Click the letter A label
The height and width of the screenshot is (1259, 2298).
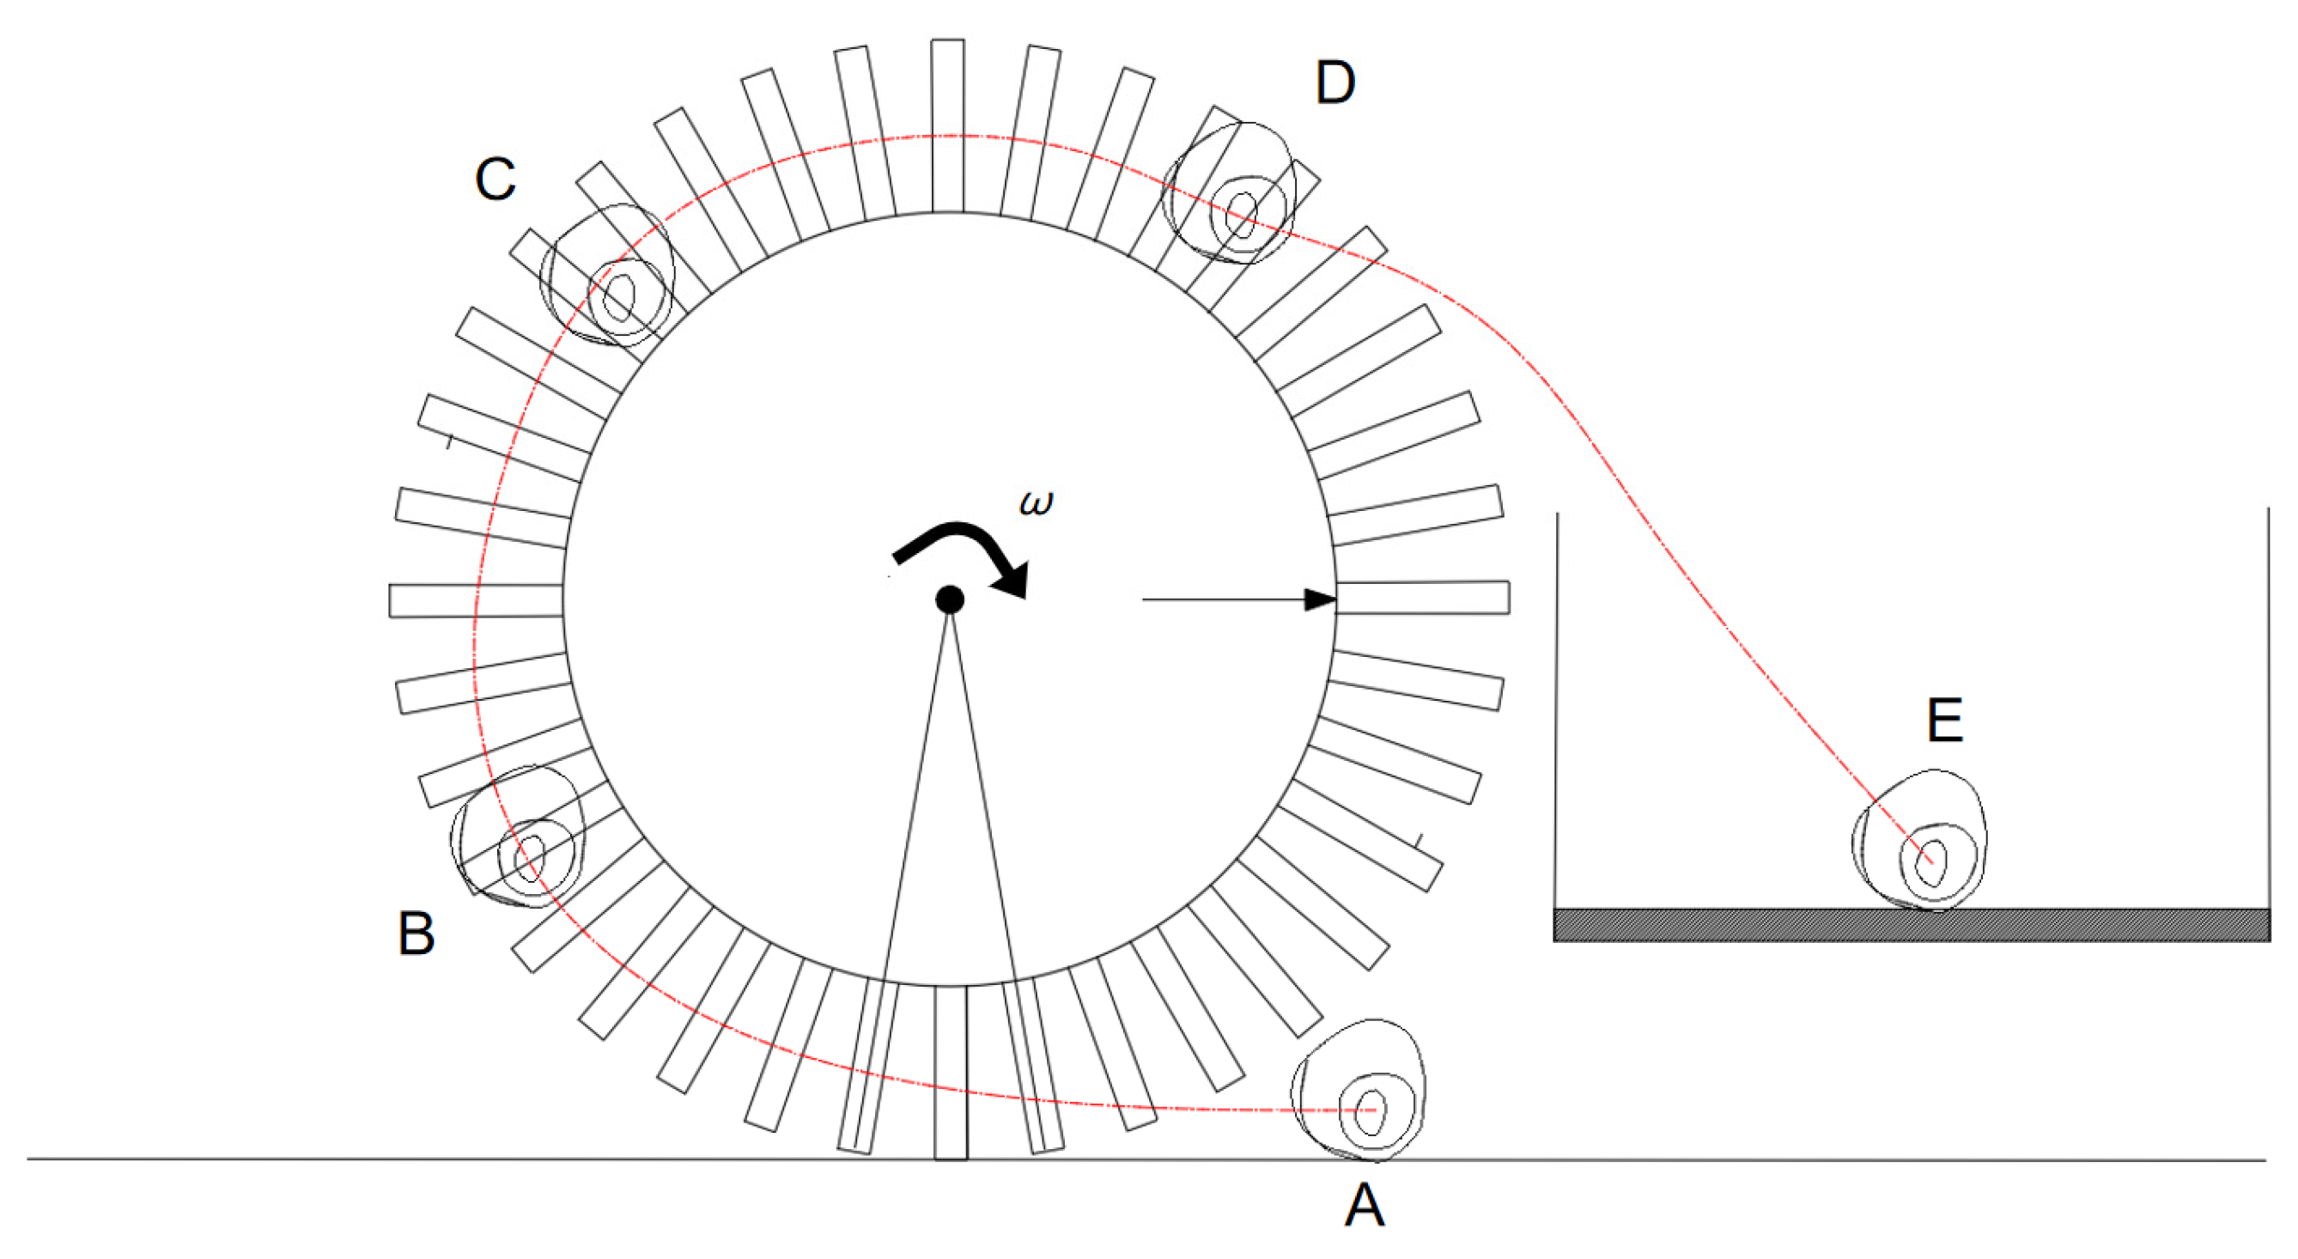1364,1206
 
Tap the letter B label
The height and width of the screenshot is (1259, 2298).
416,934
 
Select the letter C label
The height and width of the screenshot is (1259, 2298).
495,179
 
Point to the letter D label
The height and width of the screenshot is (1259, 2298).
1335,83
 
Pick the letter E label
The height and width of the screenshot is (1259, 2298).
1945,720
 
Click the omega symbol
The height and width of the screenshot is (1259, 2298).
1036,503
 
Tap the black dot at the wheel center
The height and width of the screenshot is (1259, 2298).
949,599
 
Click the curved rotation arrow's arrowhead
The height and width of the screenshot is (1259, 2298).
1013,579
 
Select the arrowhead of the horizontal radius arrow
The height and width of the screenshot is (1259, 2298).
1320,599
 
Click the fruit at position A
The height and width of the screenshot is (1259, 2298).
1358,1090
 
